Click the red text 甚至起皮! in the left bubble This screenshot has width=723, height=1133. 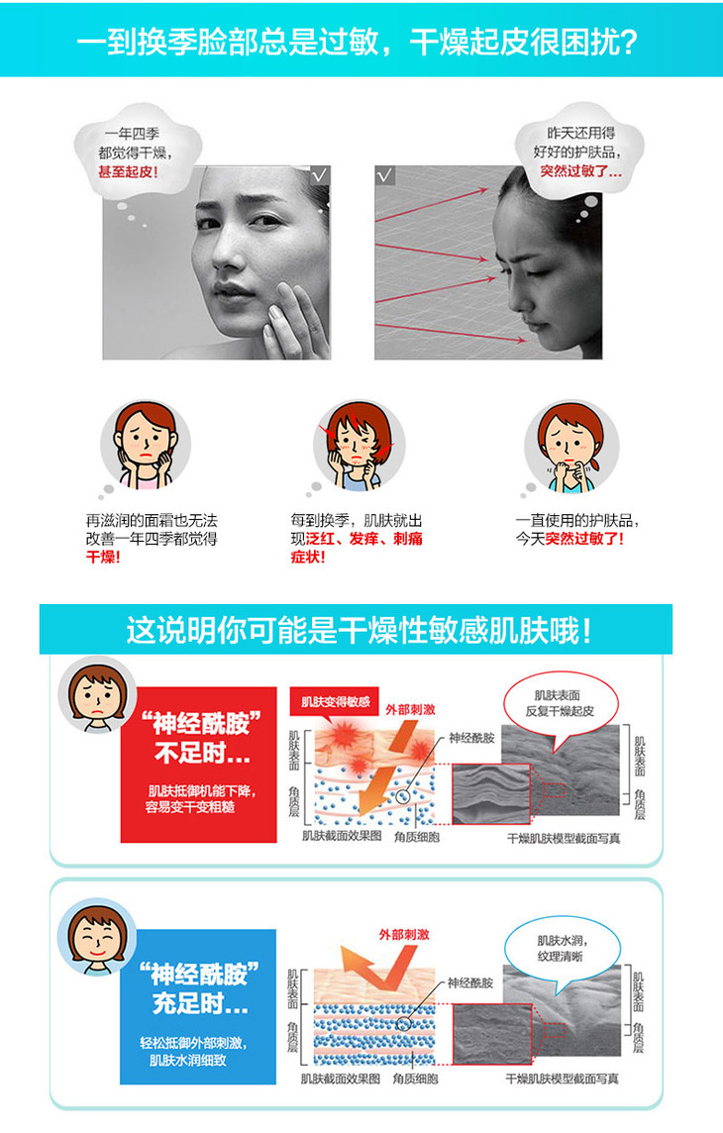128,172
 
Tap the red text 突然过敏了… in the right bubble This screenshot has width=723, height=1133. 580,171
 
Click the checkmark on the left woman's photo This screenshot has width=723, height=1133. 320,175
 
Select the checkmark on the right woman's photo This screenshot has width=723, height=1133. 385,175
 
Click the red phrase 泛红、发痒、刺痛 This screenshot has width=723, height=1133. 364,539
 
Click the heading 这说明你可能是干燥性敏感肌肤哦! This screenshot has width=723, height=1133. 359,630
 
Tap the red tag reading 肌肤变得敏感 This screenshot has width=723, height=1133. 335,701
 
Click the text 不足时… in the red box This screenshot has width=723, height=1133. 202,755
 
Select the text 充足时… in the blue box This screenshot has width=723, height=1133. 200,1003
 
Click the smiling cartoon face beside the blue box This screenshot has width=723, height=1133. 97,937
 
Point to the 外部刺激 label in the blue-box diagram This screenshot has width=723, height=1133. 404,934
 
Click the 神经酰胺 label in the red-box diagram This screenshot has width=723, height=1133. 471,738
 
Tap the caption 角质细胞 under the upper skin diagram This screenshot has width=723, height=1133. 417,837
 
